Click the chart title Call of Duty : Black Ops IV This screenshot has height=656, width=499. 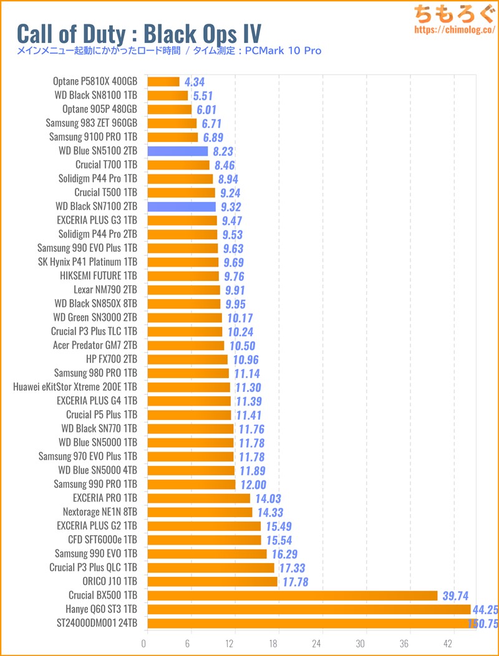(139, 32)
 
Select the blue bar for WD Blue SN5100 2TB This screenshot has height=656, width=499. (178, 151)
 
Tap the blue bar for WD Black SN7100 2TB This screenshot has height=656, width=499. (182, 206)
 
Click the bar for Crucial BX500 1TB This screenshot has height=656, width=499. (292, 595)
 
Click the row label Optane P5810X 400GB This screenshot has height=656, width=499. (95, 81)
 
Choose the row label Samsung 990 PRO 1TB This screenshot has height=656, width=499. (95, 484)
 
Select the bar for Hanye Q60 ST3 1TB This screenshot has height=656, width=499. (309, 609)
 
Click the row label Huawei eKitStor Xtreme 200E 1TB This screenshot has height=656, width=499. (75, 387)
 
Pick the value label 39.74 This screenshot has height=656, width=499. (455, 596)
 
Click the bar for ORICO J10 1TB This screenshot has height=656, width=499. (212, 581)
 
